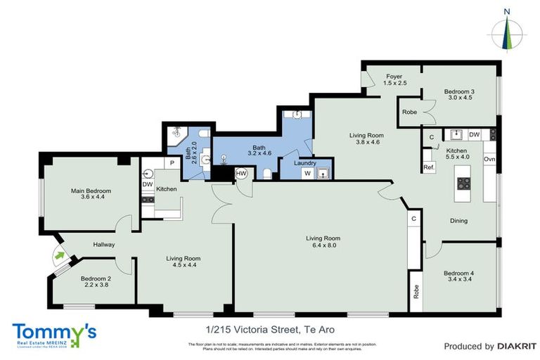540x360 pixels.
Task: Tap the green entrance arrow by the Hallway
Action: tap(60, 255)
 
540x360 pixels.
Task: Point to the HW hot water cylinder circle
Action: tap(241, 173)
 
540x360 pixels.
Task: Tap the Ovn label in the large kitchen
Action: tap(489, 160)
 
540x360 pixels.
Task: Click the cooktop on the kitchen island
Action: tap(464, 183)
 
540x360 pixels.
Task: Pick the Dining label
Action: tap(458, 221)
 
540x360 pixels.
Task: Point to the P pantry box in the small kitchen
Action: tap(172, 163)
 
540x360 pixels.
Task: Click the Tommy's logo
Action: tap(54, 332)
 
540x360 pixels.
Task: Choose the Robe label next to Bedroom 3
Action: tap(409, 112)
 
